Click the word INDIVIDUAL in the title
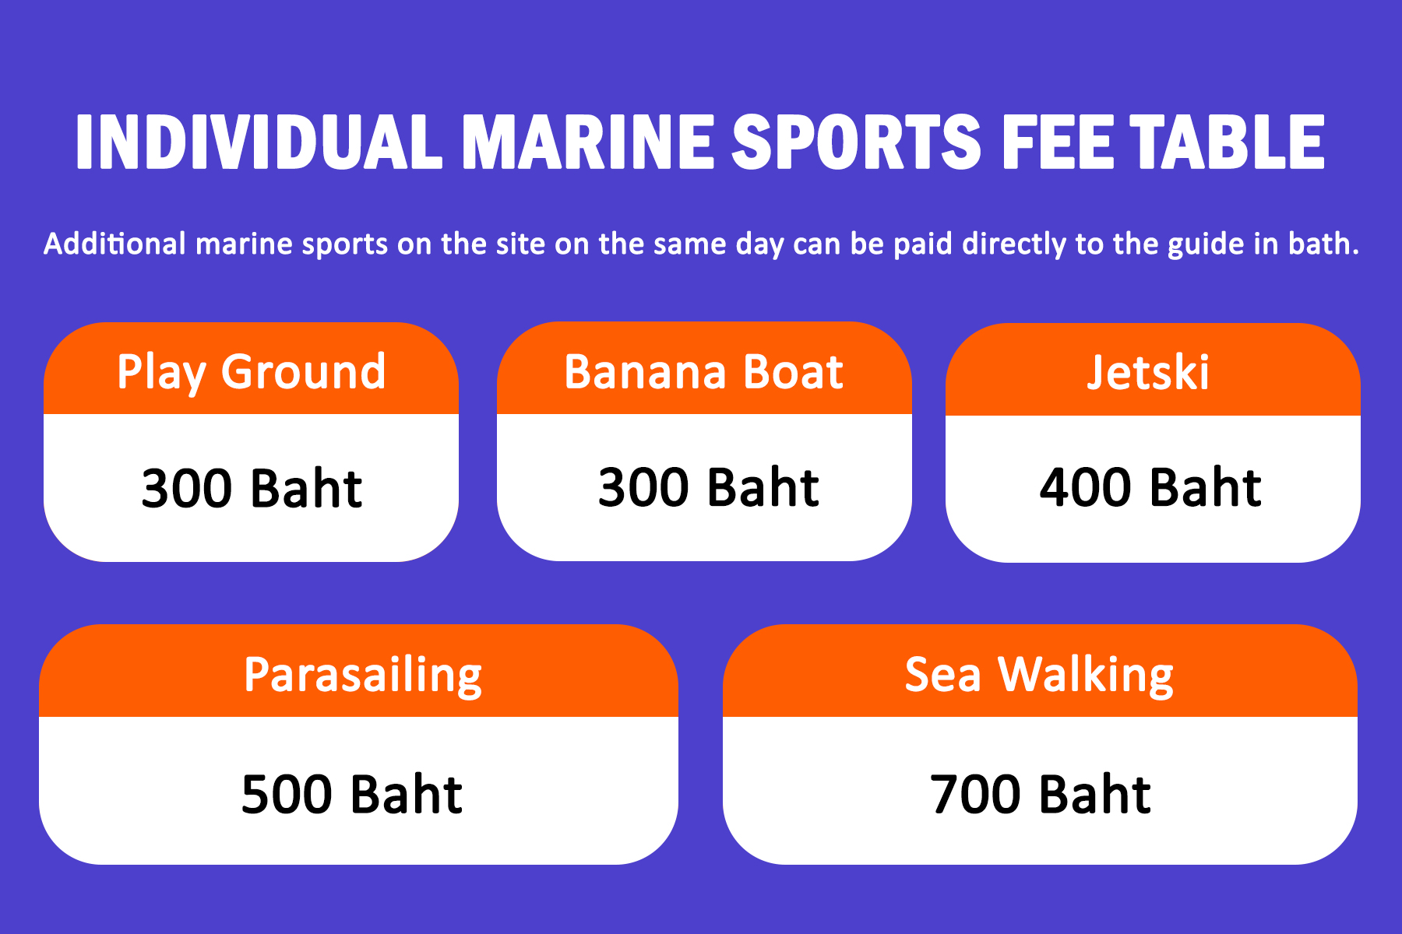[x=259, y=142]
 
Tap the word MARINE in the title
[x=588, y=142]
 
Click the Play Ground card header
[x=252, y=372]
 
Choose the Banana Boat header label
[x=703, y=372]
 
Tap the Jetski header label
[x=1148, y=372]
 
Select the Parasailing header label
[x=363, y=676]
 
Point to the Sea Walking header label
[x=1039, y=676]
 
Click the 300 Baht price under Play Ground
[x=252, y=489]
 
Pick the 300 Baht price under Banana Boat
[x=708, y=488]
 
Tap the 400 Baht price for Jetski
[x=1150, y=488]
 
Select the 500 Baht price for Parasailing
[x=352, y=795]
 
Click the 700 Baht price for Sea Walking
[x=1041, y=795]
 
